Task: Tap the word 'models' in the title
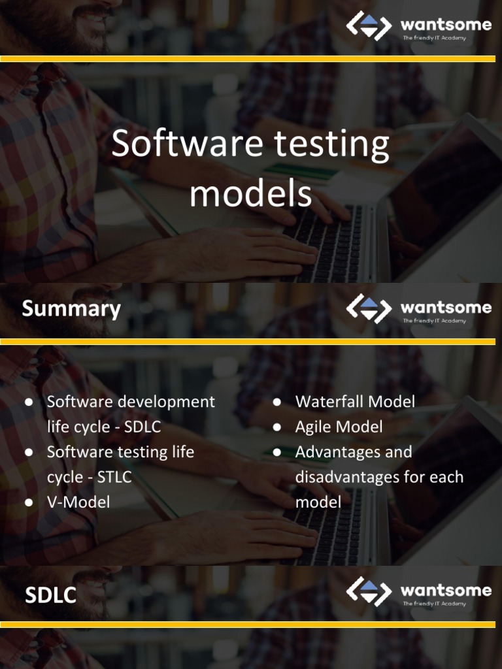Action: click(250, 194)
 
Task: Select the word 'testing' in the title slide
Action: click(331, 146)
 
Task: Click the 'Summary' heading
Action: click(71, 309)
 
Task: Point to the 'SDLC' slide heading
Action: click(50, 595)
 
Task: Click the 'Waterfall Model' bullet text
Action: click(355, 402)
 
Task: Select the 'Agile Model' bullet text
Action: click(339, 427)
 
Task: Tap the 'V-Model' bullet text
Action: click(78, 502)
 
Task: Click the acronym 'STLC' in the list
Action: click(114, 477)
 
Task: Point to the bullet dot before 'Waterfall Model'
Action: click(277, 402)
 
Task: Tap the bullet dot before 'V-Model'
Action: click(29, 502)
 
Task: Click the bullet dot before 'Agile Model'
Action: click(277, 427)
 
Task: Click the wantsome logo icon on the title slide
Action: click(369, 25)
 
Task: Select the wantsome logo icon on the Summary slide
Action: click(369, 308)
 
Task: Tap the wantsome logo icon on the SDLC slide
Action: click(369, 591)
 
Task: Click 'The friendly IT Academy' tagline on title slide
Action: click(434, 38)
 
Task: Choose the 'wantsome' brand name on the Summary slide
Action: click(446, 307)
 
